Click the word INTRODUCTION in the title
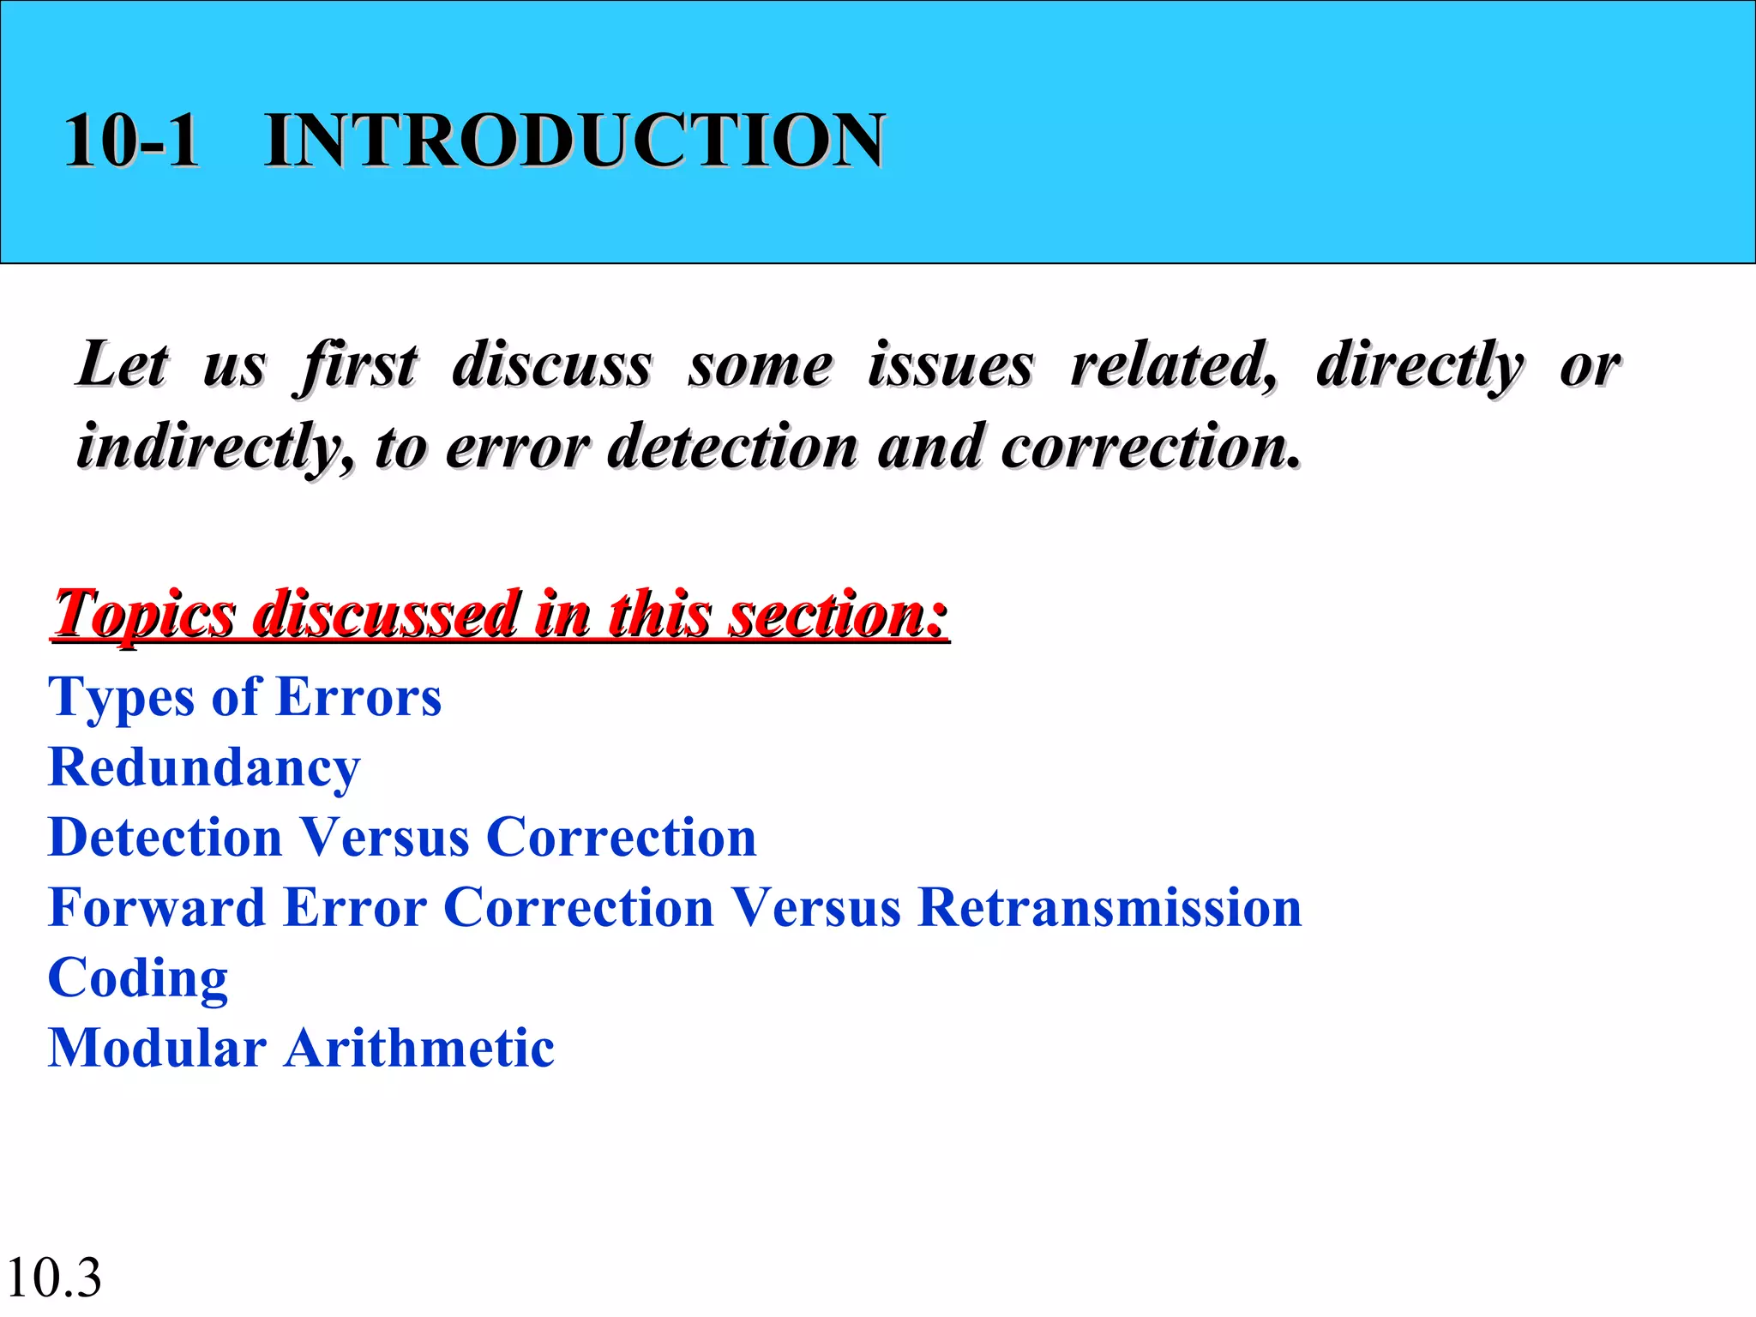coord(574,140)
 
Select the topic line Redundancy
coord(204,767)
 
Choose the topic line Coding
coord(138,978)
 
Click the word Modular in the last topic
coord(157,1048)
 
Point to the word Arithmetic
coord(419,1048)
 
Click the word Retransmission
coord(1110,907)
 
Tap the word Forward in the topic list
coord(157,907)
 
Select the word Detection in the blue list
coord(165,837)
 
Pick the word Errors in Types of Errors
coord(359,697)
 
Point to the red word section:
coord(838,614)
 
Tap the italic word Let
coord(123,364)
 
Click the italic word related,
coord(1174,364)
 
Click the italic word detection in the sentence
coord(732,448)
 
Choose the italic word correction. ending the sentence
coord(1151,448)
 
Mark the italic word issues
coord(950,364)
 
